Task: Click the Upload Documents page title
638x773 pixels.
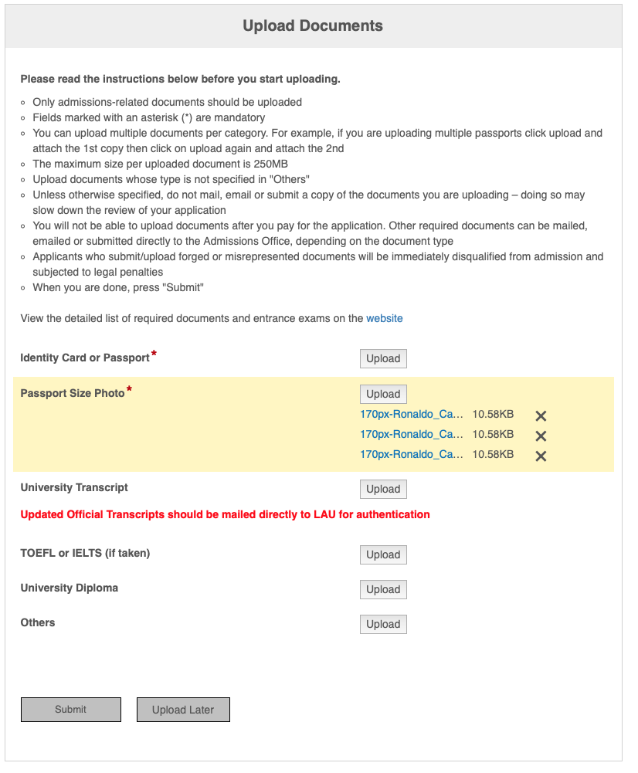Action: coord(313,26)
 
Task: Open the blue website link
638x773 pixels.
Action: coord(384,318)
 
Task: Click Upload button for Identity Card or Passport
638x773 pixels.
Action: coord(383,358)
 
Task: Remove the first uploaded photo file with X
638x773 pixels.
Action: coord(541,415)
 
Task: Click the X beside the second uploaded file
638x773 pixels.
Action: coord(541,436)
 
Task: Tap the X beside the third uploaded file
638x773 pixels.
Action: coord(541,456)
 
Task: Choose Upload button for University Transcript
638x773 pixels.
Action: coord(383,489)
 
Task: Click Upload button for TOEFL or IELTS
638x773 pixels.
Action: coord(383,554)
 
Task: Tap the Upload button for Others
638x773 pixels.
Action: coord(383,624)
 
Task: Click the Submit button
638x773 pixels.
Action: coord(71,710)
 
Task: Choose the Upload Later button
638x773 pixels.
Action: coord(183,710)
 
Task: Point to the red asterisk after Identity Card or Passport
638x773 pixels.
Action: coord(154,354)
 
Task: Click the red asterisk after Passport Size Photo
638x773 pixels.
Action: coord(129,390)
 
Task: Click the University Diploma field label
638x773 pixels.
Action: coord(70,588)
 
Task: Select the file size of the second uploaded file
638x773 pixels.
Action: coord(493,434)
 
